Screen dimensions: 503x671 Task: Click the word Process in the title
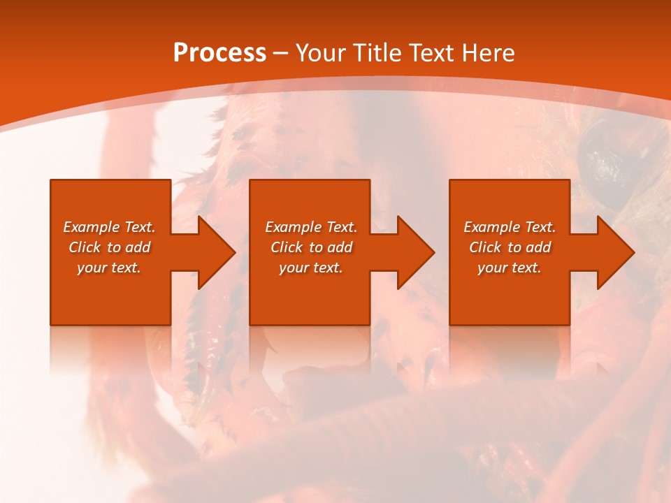click(x=219, y=53)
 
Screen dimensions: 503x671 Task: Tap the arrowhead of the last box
click(x=614, y=252)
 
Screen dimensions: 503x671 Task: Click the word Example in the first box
click(x=92, y=227)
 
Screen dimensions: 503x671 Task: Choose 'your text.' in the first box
click(x=109, y=268)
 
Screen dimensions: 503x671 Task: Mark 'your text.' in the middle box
click(x=311, y=268)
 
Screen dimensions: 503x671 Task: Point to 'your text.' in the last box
click(x=510, y=268)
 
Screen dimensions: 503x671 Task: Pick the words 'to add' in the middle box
click(x=331, y=247)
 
